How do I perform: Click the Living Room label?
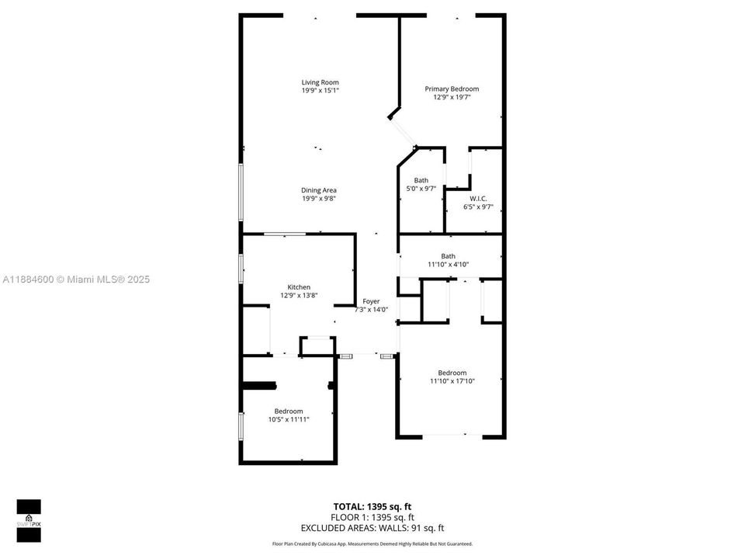320,82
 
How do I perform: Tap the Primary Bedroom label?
452,89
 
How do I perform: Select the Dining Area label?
319,190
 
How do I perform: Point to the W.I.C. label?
478,199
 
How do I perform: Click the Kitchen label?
299,287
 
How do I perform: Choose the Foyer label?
371,301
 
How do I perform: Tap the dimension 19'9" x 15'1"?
320,91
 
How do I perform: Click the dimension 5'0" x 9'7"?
421,189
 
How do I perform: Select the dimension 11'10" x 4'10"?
448,264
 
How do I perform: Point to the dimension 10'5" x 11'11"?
289,419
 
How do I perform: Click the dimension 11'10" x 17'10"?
452,380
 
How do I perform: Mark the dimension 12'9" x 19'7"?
452,97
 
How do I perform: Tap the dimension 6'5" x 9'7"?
478,207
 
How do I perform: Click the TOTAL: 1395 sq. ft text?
372,507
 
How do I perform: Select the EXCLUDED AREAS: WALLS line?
372,528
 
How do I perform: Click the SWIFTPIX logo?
29,515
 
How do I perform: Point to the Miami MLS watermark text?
77,279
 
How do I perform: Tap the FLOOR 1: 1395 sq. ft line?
372,518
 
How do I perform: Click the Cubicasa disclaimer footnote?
372,544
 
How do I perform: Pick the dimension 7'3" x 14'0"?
371,310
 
